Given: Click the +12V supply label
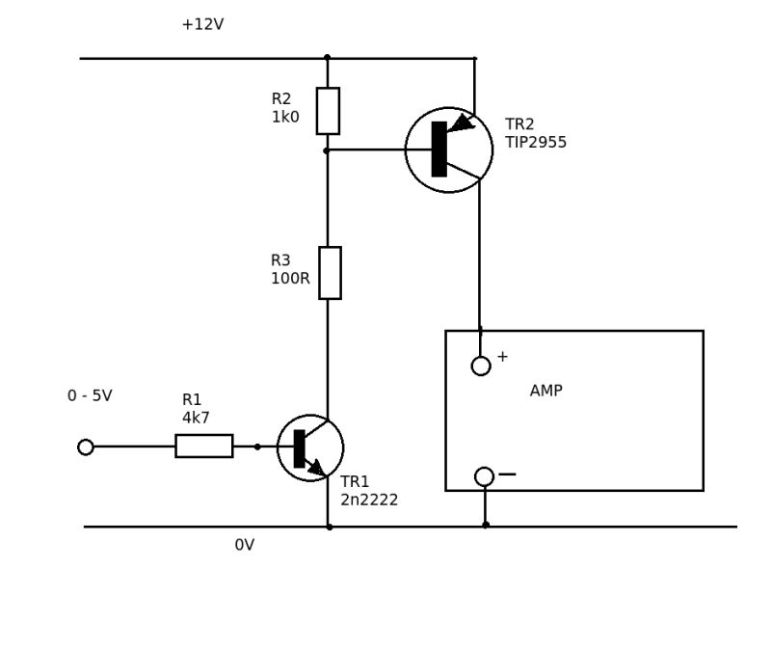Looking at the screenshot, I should coord(202,25).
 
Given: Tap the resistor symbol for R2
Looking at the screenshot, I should coord(328,111).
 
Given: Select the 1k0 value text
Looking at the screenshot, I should coord(285,118).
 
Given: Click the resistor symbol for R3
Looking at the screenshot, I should coord(330,273).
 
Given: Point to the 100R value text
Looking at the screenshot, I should coord(290,279).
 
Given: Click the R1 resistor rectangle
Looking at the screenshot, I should coord(203,446).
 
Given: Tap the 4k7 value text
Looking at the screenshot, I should coord(196,419).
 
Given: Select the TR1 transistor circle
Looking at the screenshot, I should coord(310,448).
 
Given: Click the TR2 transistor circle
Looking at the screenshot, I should coord(449,149).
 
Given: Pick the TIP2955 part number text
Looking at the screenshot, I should coord(536,143).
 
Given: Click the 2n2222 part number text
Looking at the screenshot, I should coord(369,501).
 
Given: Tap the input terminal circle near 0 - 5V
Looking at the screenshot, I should coord(86,448).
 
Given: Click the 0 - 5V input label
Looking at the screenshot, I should coord(90,396).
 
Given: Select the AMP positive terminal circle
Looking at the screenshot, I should coord(481,366).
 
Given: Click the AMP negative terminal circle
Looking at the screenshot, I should coord(484,476).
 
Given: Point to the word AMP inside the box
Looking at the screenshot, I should coord(546,391).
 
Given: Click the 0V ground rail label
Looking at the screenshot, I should coord(245,546).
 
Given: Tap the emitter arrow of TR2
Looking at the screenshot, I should coord(462,123).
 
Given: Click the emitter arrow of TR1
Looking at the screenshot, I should coord(316,467).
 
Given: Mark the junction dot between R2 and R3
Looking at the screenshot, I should coord(327,150).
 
